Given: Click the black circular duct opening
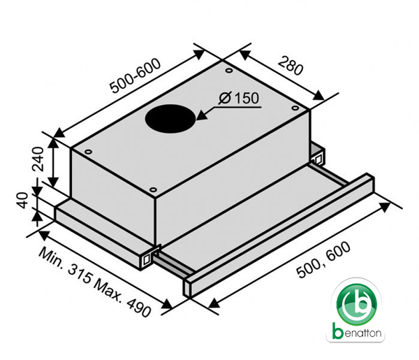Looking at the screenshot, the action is coord(170,119).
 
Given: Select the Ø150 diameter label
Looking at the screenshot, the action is coord(239,98).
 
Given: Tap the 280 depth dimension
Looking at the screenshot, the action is coord(291,66).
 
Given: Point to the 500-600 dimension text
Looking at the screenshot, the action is coord(135,76).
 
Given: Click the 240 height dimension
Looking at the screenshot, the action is coord(38,159).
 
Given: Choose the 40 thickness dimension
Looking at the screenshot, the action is coord(22,200).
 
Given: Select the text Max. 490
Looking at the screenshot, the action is coord(122,299).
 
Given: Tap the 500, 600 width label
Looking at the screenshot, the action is coord(323,260).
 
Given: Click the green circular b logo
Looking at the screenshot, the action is coord(357,303).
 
